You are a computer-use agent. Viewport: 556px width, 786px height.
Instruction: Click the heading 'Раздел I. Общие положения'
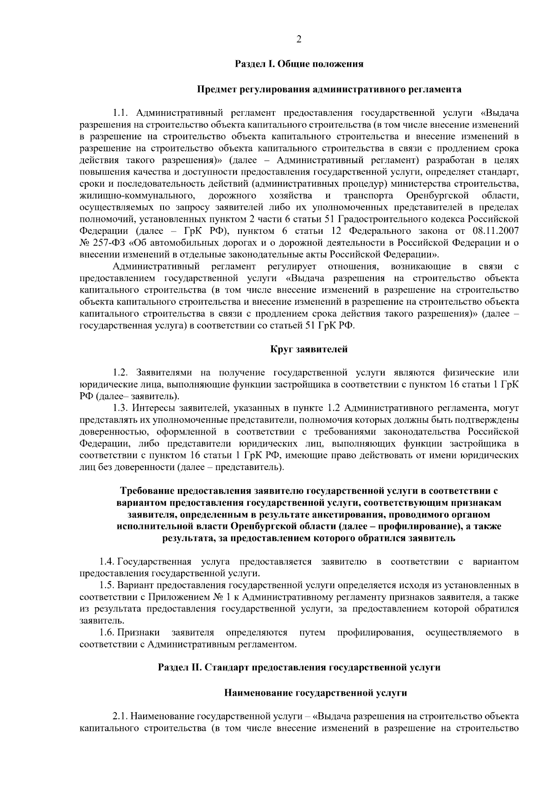coord(299,64)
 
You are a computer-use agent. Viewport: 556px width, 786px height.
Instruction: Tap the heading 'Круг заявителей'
coord(309,349)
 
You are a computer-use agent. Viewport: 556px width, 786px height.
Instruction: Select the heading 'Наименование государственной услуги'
coord(316,693)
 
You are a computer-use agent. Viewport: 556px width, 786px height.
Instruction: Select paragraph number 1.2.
coord(120,373)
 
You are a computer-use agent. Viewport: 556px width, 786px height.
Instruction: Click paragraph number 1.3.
coord(120,408)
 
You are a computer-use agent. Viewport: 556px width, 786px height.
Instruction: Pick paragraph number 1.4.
coord(107,562)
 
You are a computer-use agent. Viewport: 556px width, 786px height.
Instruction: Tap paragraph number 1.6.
coord(107,633)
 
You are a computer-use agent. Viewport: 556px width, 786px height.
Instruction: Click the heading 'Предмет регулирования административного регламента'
coord(329,88)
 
